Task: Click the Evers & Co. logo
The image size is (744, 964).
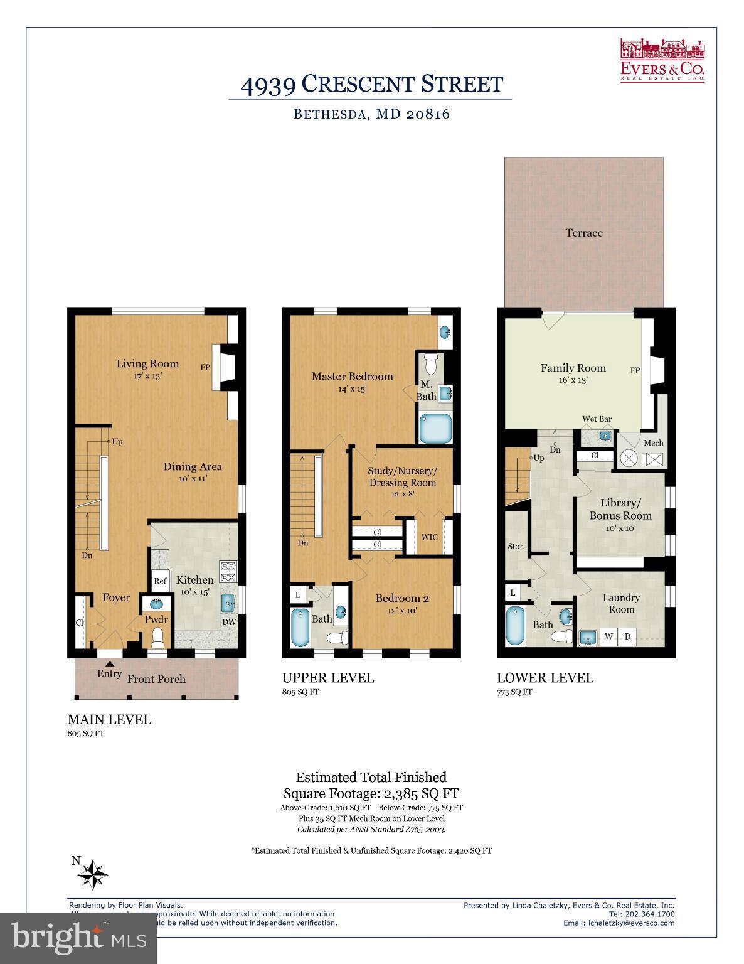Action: click(x=662, y=60)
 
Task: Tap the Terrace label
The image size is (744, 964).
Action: click(x=583, y=233)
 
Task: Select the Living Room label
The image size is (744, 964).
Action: click(x=147, y=363)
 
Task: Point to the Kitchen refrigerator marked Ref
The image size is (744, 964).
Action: click(x=160, y=581)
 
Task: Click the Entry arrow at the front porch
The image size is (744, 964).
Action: click(x=110, y=663)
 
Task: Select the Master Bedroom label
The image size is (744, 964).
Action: click(x=352, y=377)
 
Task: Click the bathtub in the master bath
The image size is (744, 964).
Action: click(x=435, y=429)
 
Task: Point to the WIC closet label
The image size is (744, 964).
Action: click(x=429, y=537)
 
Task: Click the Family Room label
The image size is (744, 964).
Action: click(x=573, y=368)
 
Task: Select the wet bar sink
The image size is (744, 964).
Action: click(x=605, y=436)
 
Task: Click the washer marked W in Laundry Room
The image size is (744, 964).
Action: click(x=608, y=636)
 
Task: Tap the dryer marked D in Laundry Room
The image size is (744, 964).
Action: click(x=627, y=636)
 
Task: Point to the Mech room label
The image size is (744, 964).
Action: click(x=653, y=442)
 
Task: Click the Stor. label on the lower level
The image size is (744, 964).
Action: click(x=516, y=547)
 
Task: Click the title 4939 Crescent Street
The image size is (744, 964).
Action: click(x=371, y=85)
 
